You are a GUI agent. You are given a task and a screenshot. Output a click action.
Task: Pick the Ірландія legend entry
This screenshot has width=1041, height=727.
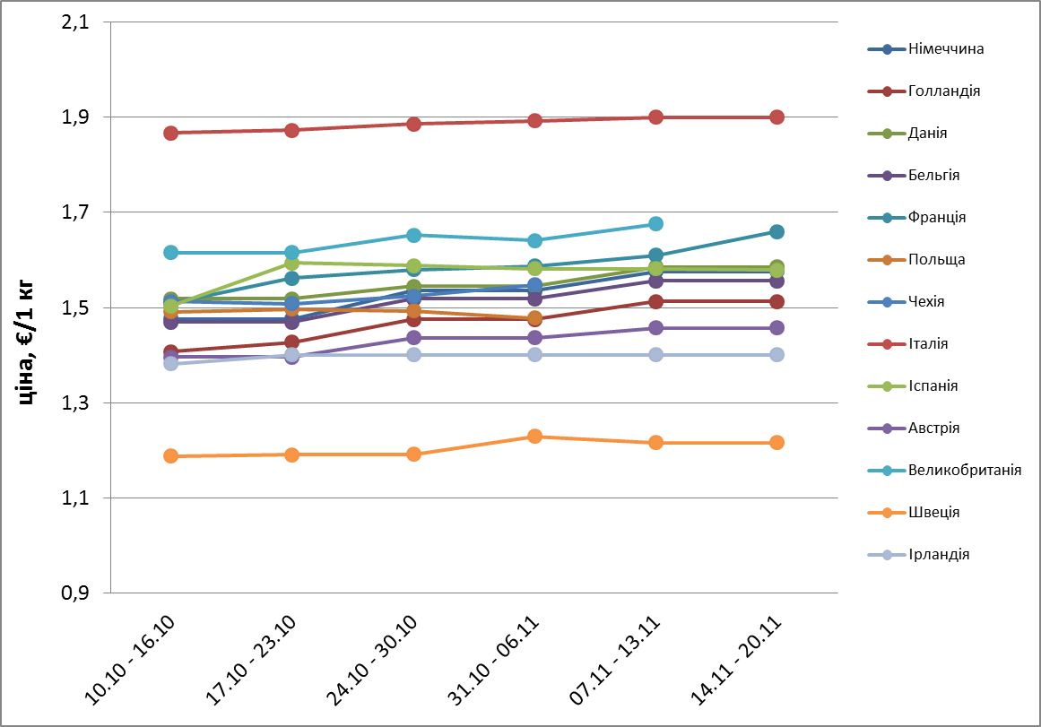[x=938, y=554]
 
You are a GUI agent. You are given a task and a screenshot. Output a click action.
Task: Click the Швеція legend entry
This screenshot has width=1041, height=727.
[x=933, y=512]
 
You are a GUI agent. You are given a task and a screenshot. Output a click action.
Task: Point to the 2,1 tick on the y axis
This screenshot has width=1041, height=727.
[x=75, y=22]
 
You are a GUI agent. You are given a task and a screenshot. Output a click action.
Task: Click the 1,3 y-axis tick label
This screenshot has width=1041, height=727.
[x=75, y=403]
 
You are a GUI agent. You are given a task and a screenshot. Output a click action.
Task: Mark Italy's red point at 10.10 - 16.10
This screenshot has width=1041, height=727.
[x=170, y=133]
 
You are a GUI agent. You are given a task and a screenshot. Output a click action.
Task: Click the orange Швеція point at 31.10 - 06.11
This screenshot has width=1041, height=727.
[x=534, y=437]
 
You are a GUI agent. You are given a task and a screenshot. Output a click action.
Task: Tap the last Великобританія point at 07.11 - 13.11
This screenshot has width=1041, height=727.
[x=655, y=223]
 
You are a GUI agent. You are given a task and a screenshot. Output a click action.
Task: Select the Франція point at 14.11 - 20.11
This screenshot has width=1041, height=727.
[x=776, y=231]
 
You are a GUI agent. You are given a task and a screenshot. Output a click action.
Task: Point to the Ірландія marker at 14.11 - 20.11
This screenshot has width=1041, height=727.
[x=776, y=354]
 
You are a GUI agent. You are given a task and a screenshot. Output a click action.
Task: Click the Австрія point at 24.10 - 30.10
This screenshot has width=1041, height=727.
[x=413, y=338]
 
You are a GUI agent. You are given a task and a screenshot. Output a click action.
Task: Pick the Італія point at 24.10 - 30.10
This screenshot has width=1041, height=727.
[x=413, y=124]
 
